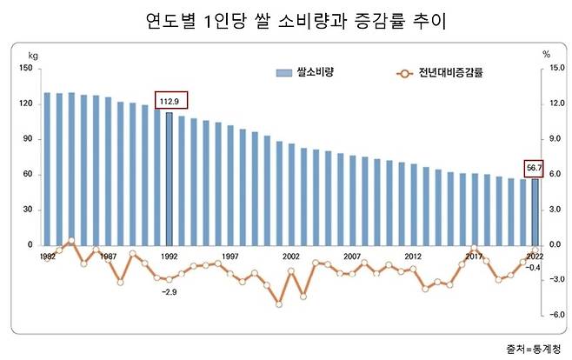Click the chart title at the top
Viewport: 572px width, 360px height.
[x=285, y=21]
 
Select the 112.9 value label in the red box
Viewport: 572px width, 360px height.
[x=170, y=102]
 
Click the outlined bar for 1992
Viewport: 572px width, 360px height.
[x=170, y=178]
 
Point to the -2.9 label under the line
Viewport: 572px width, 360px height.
[x=169, y=293]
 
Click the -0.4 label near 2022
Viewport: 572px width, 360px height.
[x=535, y=268]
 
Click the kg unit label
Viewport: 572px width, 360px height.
[x=33, y=54]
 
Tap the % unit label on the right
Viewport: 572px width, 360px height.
[x=546, y=54]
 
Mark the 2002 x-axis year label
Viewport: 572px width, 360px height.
[x=291, y=257]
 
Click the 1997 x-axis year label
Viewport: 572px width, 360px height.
[x=230, y=257]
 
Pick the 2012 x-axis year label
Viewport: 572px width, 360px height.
[x=413, y=257]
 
